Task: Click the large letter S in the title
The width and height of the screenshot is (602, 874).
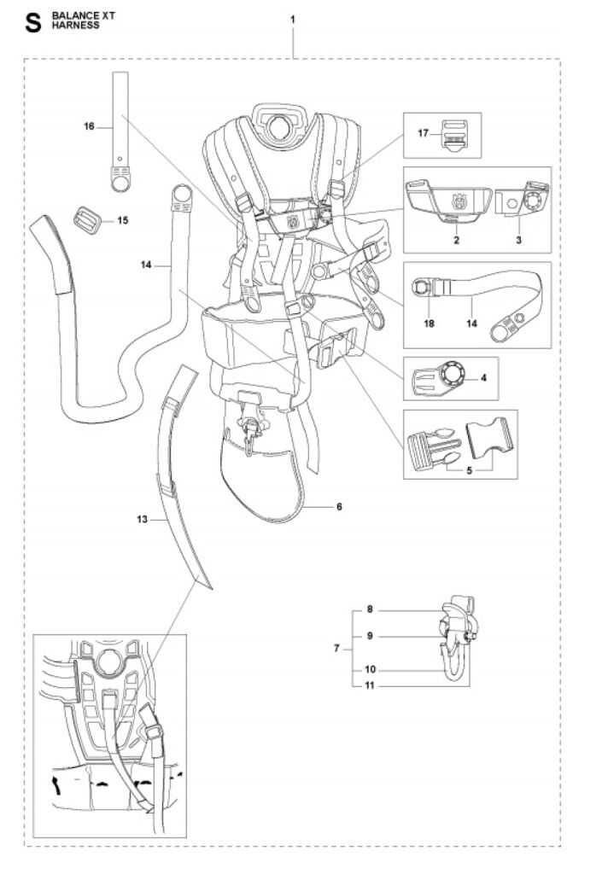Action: coord(33,23)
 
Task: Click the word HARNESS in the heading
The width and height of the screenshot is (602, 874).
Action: coord(76,26)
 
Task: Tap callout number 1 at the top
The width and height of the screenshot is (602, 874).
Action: coord(293,20)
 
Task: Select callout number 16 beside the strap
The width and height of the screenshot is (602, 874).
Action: coord(89,126)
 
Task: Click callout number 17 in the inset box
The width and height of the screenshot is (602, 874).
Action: coord(423,133)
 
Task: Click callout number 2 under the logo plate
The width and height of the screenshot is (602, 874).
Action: coord(457,240)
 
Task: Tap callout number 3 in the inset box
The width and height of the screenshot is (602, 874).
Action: coord(519,240)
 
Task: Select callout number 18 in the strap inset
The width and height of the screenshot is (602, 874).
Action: coord(430,323)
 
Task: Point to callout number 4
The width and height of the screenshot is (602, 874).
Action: coord(483,378)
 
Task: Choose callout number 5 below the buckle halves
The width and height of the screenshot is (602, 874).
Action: coord(470,470)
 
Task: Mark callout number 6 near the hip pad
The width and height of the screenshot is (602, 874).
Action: coord(339,507)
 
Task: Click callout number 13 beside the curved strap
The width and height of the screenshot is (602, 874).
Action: coord(142,519)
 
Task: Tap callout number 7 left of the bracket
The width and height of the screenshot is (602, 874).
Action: coord(336,649)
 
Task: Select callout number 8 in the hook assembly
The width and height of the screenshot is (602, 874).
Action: coord(370,609)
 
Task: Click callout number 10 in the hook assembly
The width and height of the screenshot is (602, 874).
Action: coord(370,669)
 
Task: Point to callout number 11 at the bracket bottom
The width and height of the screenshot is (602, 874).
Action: coord(370,685)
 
